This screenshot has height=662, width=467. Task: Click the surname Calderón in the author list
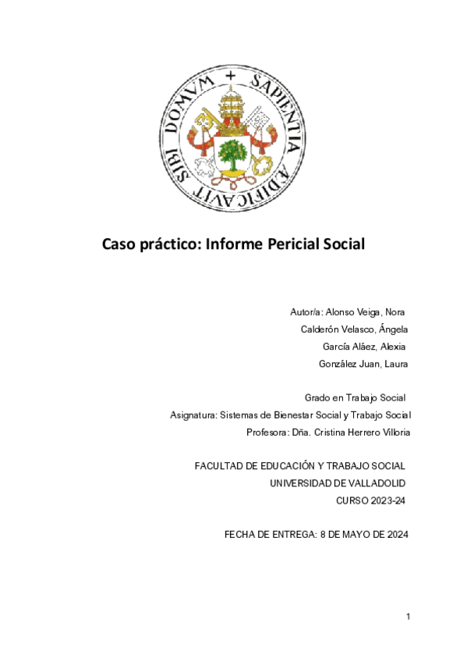point(324,329)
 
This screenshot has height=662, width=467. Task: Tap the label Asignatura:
point(193,415)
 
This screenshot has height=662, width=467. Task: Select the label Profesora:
point(267,432)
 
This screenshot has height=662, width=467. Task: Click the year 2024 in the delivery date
point(395,535)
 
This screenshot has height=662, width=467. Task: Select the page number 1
point(408,617)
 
